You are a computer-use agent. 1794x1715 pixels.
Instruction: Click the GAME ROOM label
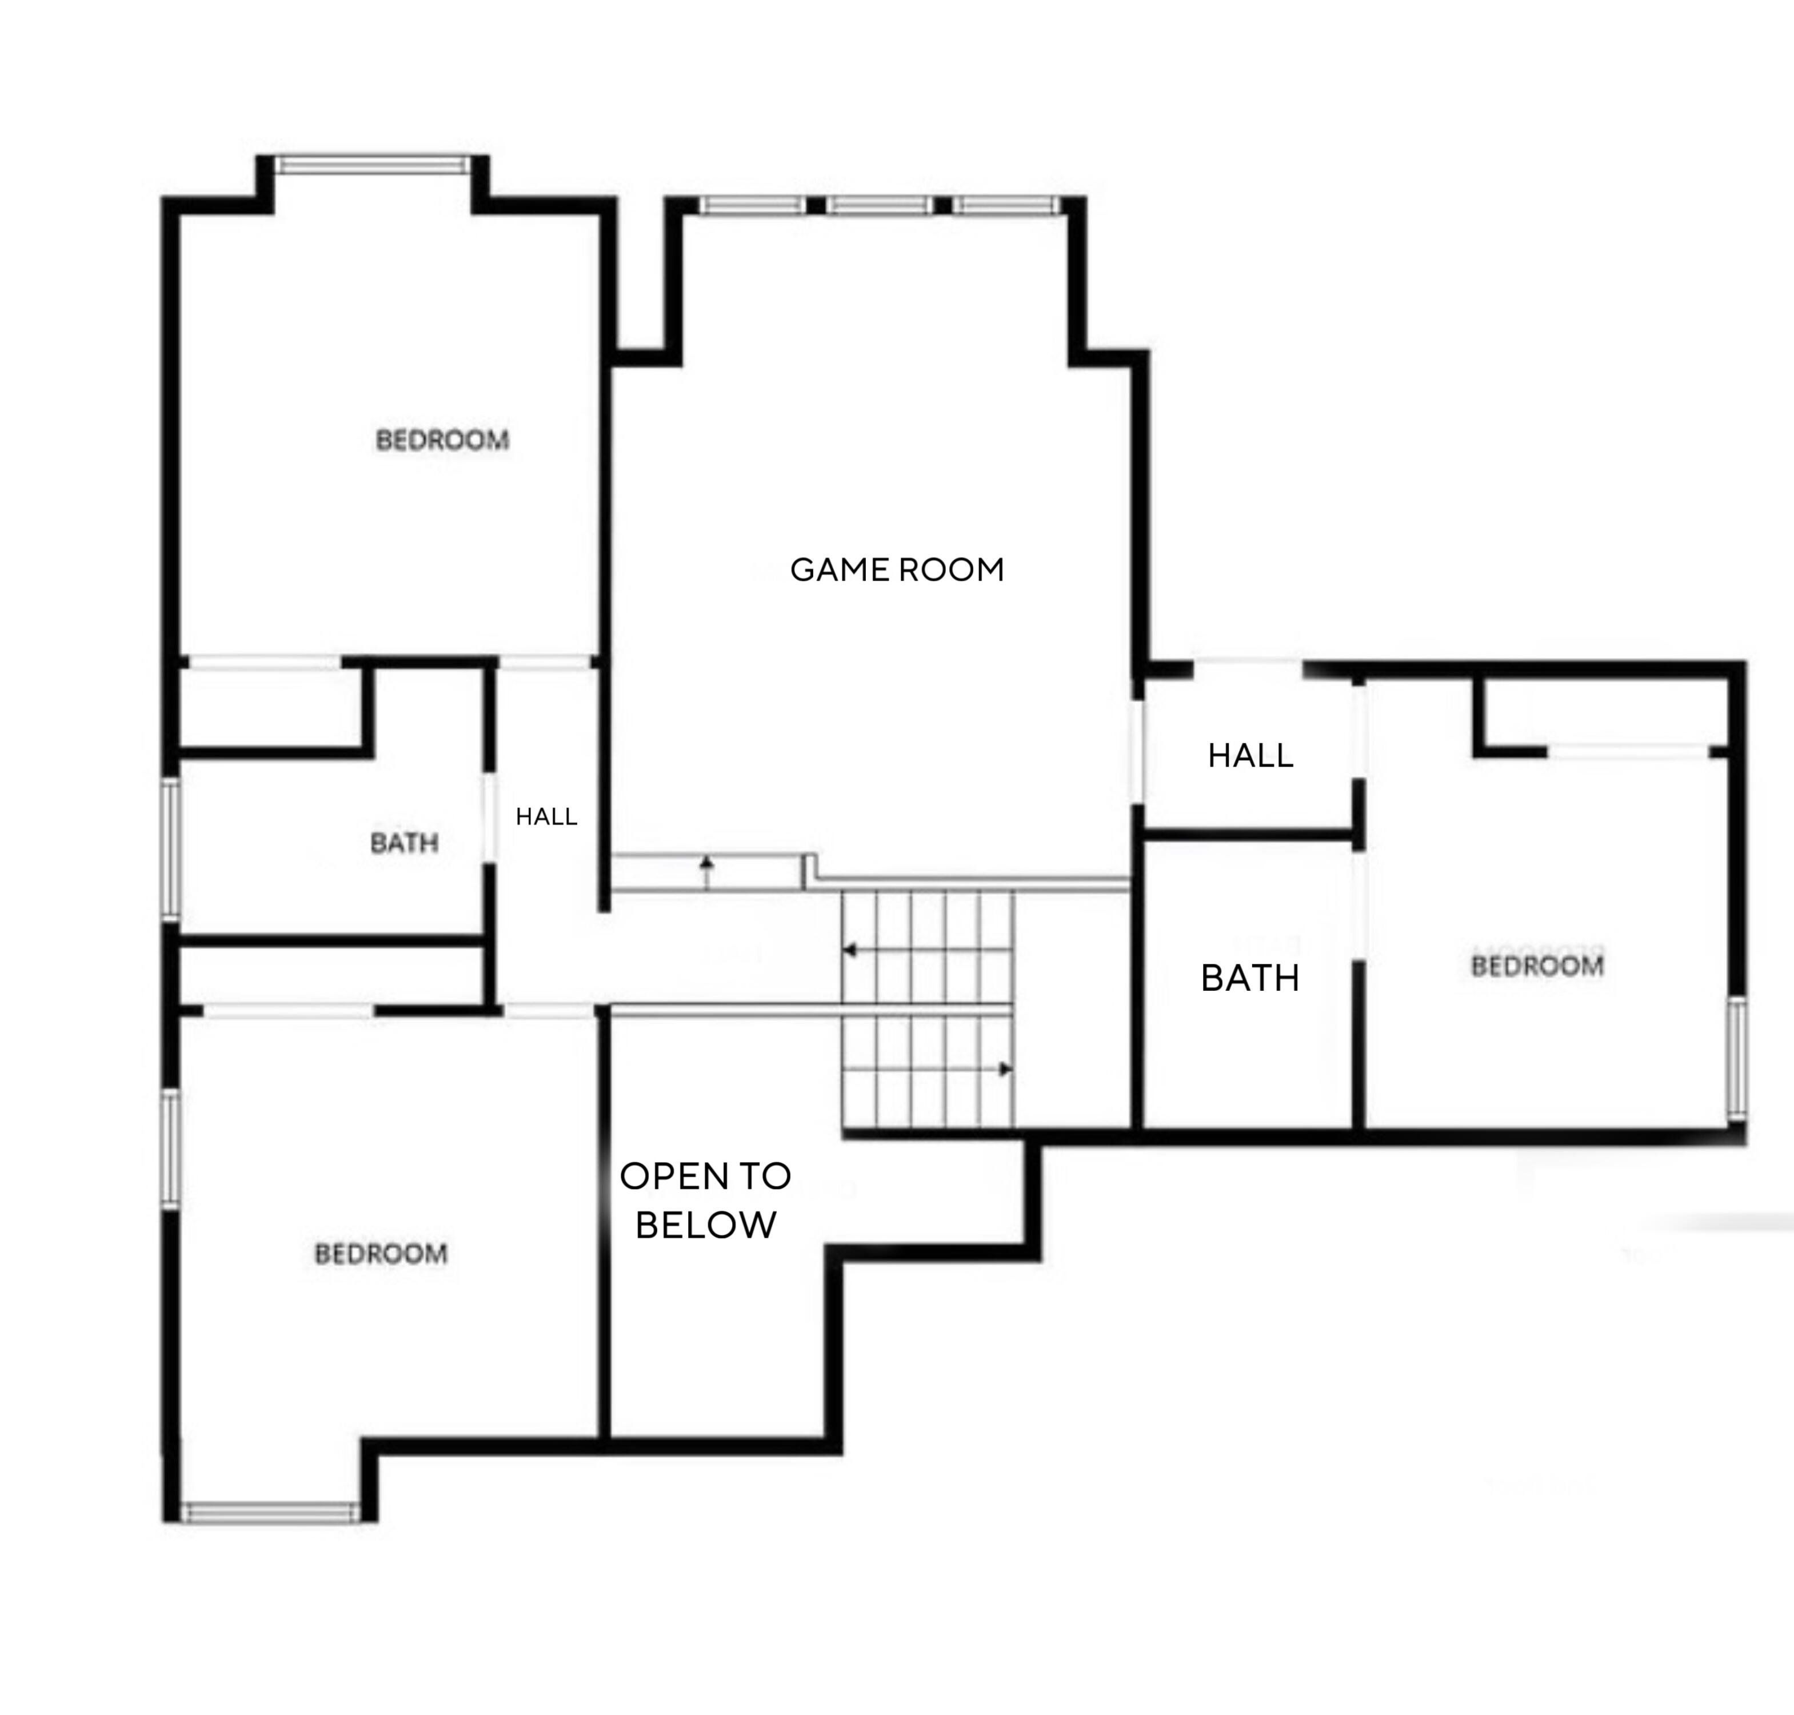tap(897, 569)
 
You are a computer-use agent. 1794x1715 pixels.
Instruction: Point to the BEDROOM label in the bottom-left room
tap(381, 1253)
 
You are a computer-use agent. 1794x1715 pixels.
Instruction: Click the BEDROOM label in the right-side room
tap(1537, 966)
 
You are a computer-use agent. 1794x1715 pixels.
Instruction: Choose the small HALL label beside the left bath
tap(546, 816)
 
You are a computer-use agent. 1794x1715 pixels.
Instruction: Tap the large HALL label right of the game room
tap(1250, 755)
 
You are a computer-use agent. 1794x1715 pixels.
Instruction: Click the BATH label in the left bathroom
tap(404, 842)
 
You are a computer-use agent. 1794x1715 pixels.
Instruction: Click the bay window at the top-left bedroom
tap(373, 165)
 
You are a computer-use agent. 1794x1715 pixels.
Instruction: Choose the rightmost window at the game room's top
tap(1007, 206)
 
